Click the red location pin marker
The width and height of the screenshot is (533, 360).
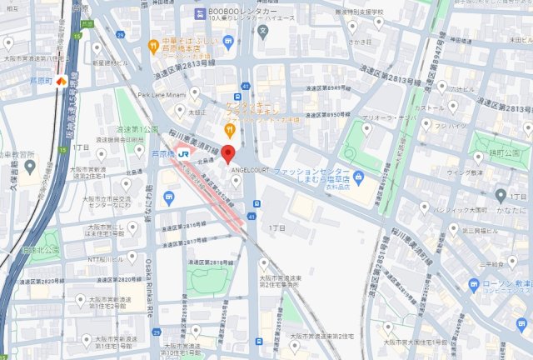[x=228, y=157]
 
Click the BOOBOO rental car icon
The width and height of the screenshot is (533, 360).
[x=202, y=15]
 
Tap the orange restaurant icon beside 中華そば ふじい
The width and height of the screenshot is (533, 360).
[x=153, y=45]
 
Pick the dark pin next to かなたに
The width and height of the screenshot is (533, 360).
[x=500, y=196]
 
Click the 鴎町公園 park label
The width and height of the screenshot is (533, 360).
[x=507, y=154]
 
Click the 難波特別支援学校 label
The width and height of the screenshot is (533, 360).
[x=345, y=14]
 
